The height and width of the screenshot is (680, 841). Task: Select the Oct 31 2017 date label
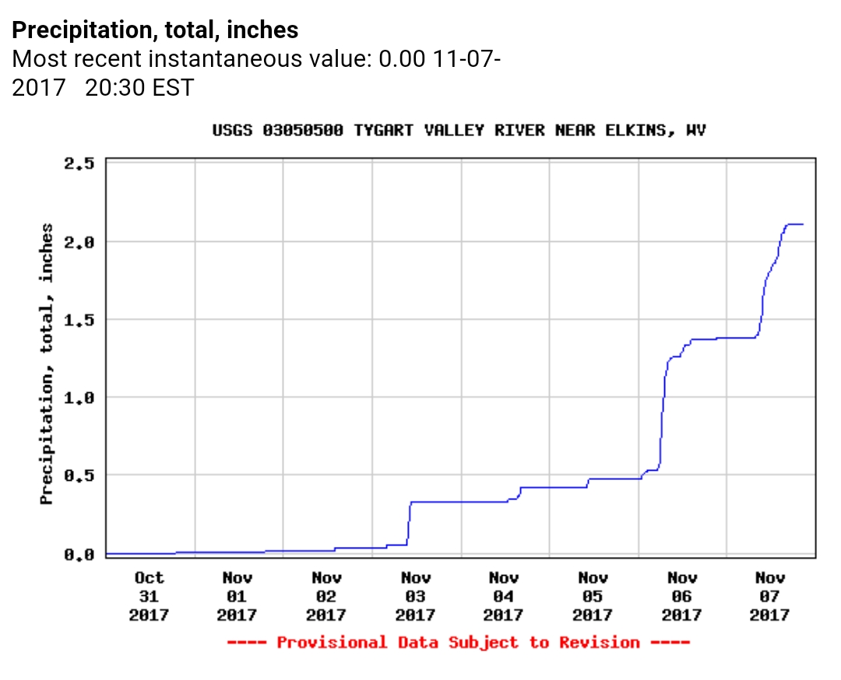tap(149, 596)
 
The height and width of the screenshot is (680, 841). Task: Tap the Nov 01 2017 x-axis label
tap(237, 596)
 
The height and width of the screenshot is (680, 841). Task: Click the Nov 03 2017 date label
tap(415, 596)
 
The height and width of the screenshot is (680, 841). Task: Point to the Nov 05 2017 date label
tap(593, 596)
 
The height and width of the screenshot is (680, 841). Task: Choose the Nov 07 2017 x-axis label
tap(770, 596)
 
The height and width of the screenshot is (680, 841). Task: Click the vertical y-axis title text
tap(48, 364)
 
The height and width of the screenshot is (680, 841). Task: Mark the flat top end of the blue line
tap(801, 224)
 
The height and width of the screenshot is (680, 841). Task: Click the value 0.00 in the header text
tap(399, 59)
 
